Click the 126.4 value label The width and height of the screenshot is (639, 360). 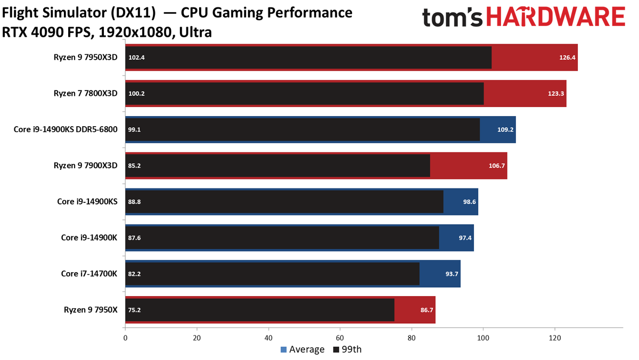coord(567,58)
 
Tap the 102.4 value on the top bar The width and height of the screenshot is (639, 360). coord(136,58)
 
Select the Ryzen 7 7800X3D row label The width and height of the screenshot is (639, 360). coord(86,93)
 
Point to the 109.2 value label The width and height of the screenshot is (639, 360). coord(505,130)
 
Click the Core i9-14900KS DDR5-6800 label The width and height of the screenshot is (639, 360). coord(65,129)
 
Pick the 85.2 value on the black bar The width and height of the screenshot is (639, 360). coord(134,166)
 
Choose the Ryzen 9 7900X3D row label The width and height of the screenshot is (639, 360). coord(86,166)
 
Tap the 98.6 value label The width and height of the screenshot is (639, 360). coord(469,202)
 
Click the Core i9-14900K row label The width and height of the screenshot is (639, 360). coord(89,238)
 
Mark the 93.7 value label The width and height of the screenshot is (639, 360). coord(452,274)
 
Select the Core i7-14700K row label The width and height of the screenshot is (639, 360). coord(89,274)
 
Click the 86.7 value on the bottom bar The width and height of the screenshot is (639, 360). coord(427,310)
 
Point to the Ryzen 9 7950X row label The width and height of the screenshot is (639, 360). coord(91,310)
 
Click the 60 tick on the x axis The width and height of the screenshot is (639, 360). coord(340,338)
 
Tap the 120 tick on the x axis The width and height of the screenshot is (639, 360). coord(555,338)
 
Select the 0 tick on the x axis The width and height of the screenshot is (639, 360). coord(125,338)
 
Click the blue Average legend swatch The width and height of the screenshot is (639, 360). coord(283,349)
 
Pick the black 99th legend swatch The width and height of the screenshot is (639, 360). coord(336,349)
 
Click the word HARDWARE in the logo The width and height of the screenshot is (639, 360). coord(556,17)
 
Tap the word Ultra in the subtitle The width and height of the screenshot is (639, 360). coord(195,32)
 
